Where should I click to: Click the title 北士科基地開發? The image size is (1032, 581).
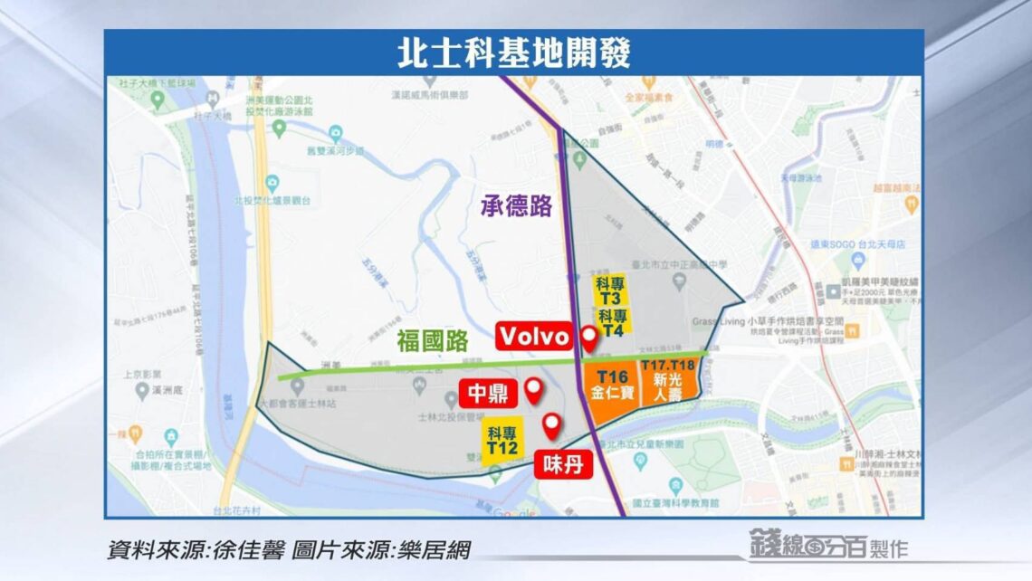514,52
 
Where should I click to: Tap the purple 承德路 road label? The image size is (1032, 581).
515,207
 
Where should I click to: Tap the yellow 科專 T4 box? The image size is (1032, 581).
613,324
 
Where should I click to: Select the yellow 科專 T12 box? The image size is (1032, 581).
501,442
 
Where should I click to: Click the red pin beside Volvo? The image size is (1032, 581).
589,338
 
